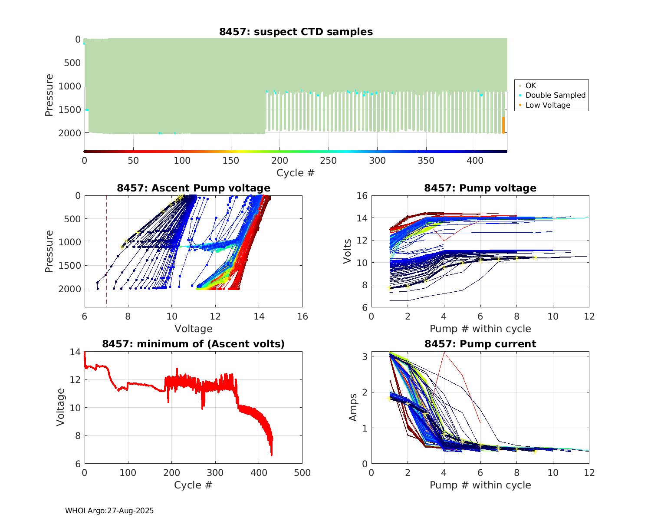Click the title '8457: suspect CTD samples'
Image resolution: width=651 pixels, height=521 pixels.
(296, 32)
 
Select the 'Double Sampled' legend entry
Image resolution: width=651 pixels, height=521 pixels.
(555, 95)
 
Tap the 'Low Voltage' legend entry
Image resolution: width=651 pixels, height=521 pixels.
(548, 105)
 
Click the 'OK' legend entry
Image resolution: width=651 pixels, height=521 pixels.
(530, 86)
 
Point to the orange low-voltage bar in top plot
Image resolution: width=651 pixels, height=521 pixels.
(503, 125)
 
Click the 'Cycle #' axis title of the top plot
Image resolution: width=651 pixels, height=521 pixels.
(296, 173)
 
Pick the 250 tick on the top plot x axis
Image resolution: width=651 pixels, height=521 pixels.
(329, 161)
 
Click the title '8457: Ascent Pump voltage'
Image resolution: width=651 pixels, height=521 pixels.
(194, 188)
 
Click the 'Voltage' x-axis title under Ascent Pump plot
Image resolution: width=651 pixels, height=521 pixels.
(194, 329)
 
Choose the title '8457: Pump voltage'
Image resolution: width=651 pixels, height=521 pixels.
(480, 188)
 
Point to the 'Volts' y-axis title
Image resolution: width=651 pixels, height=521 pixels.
(347, 251)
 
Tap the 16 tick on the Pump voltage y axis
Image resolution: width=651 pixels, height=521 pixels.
(362, 196)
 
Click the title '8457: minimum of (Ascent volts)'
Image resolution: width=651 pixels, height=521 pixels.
(194, 344)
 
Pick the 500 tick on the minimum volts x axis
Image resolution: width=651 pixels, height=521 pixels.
(302, 473)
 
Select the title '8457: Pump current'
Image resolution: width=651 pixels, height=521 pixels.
(480, 344)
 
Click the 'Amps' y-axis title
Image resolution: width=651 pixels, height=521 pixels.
(353, 407)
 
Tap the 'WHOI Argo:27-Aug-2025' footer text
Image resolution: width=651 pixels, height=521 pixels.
(109, 511)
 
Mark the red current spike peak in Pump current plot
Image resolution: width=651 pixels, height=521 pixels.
(444, 353)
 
